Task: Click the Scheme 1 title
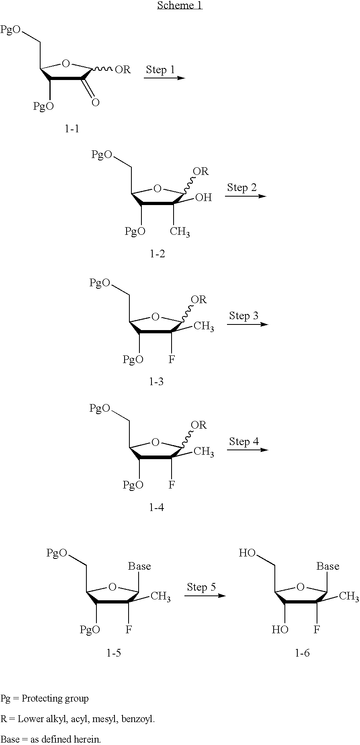[x=180, y=5]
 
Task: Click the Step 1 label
[x=160, y=70]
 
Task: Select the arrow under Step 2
[x=245, y=196]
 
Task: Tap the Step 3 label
[x=244, y=316]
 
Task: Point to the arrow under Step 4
[x=247, y=449]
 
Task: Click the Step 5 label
[x=201, y=587]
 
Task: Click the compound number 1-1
[x=72, y=129]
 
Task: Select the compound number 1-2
[x=157, y=254]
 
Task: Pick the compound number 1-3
[x=156, y=382]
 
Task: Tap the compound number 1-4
[x=156, y=507]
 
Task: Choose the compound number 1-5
[x=114, y=653]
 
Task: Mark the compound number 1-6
[x=302, y=653]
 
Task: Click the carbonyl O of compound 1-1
[x=95, y=103]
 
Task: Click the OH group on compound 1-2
[x=203, y=197]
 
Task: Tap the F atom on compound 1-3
[x=172, y=359]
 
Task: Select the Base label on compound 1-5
[x=139, y=566]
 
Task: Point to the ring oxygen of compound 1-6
[x=301, y=587]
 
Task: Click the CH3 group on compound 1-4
[x=204, y=452]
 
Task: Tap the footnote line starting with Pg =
[x=45, y=698]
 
